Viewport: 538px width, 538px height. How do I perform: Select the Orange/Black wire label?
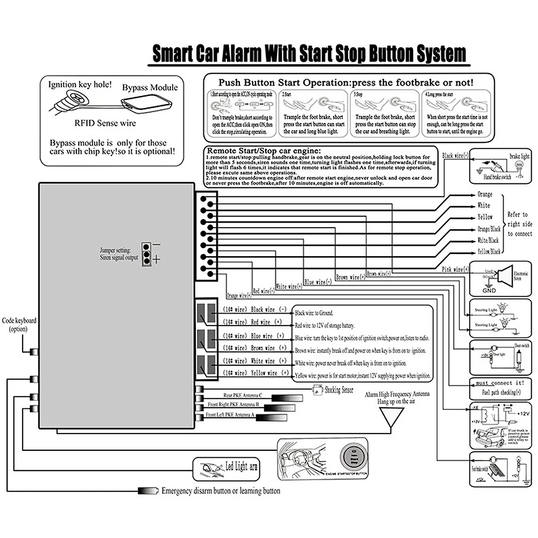[489, 229]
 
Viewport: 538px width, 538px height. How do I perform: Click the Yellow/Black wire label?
[489, 251]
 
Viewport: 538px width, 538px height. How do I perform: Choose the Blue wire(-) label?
[317, 282]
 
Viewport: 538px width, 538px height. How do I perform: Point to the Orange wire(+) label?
[239, 295]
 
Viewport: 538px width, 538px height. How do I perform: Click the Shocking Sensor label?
[338, 390]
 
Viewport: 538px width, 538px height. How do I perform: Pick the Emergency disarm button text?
[221, 491]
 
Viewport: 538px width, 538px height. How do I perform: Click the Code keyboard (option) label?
[19, 325]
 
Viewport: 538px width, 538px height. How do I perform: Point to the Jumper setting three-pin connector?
[145, 253]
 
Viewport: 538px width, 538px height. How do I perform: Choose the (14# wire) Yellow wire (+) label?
[256, 373]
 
